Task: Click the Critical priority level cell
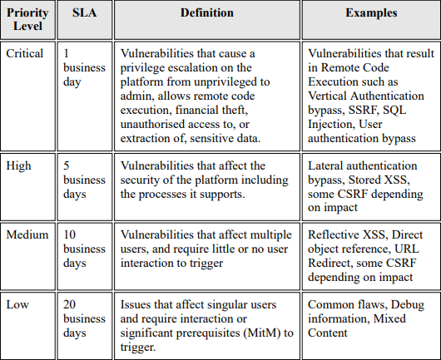[25, 52]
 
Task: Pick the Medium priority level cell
[27, 234]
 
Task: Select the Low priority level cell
[18, 303]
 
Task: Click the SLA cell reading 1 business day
[84, 67]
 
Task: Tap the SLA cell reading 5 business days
[84, 180]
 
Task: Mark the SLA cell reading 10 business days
[84, 248]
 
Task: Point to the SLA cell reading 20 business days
[84, 317]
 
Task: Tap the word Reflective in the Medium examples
[335, 234]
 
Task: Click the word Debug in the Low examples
[405, 303]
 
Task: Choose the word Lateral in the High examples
[328, 165]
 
